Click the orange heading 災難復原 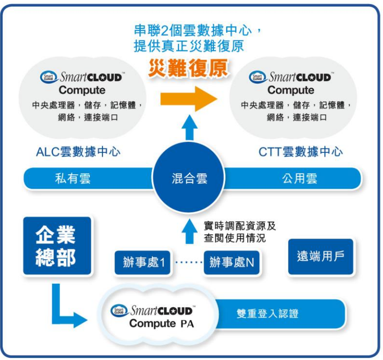pos(188,69)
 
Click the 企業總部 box pos(56,246)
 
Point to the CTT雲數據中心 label pos(300,151)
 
